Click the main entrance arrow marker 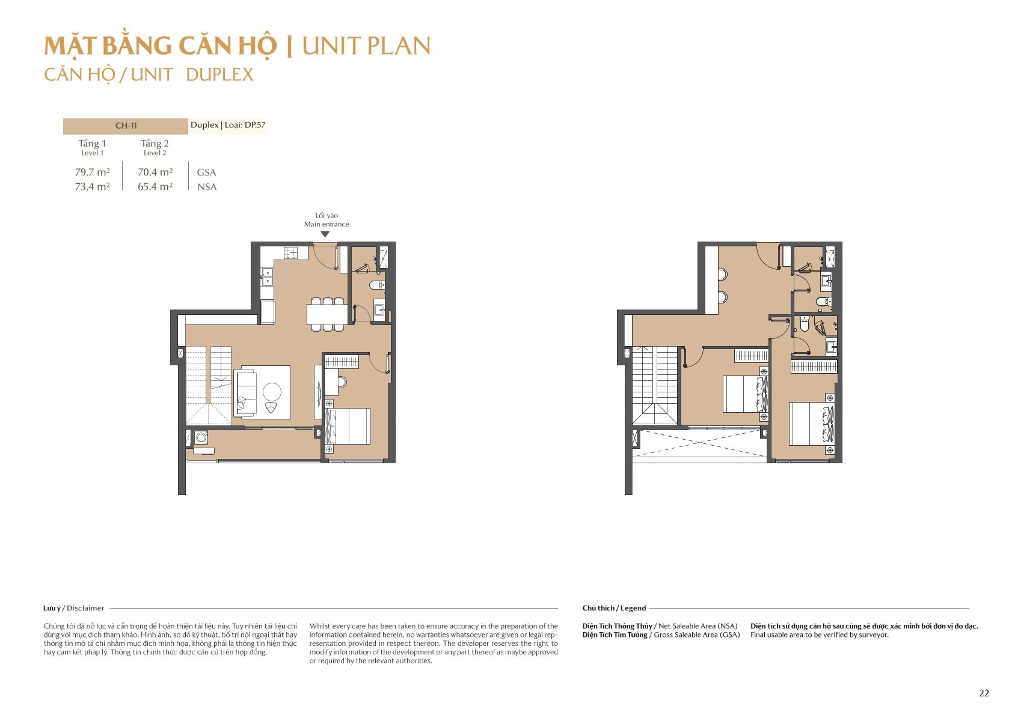point(325,234)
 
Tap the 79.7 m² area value point(92,172)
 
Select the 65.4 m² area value point(155,187)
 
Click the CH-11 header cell point(126,126)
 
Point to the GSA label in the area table point(206,172)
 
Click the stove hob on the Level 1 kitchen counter point(291,253)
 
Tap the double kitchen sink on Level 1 point(266,277)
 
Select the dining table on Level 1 point(327,314)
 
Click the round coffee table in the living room point(272,392)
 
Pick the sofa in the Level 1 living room point(246,393)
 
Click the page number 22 point(984,693)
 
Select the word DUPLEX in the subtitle point(219,75)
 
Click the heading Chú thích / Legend point(614,608)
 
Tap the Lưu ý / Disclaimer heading point(73,608)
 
